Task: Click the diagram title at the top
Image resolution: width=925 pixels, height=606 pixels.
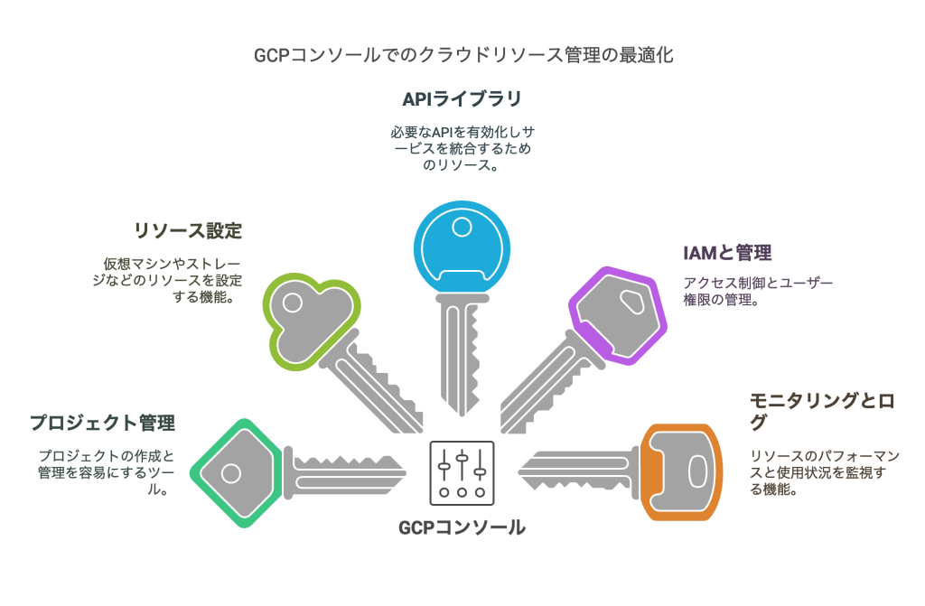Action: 462,55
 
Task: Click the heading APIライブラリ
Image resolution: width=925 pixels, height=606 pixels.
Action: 462,98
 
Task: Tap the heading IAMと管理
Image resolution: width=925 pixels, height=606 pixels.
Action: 728,252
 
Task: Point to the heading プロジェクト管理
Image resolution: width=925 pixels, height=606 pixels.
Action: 102,422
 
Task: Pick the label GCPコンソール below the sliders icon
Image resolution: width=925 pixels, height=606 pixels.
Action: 462,527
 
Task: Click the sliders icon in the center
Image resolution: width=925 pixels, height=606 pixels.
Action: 462,472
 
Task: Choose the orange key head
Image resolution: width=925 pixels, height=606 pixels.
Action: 684,471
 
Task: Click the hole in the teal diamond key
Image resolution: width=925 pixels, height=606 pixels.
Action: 230,472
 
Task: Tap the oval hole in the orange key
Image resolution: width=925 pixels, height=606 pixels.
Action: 697,471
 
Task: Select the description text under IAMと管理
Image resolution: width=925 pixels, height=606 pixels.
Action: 757,291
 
